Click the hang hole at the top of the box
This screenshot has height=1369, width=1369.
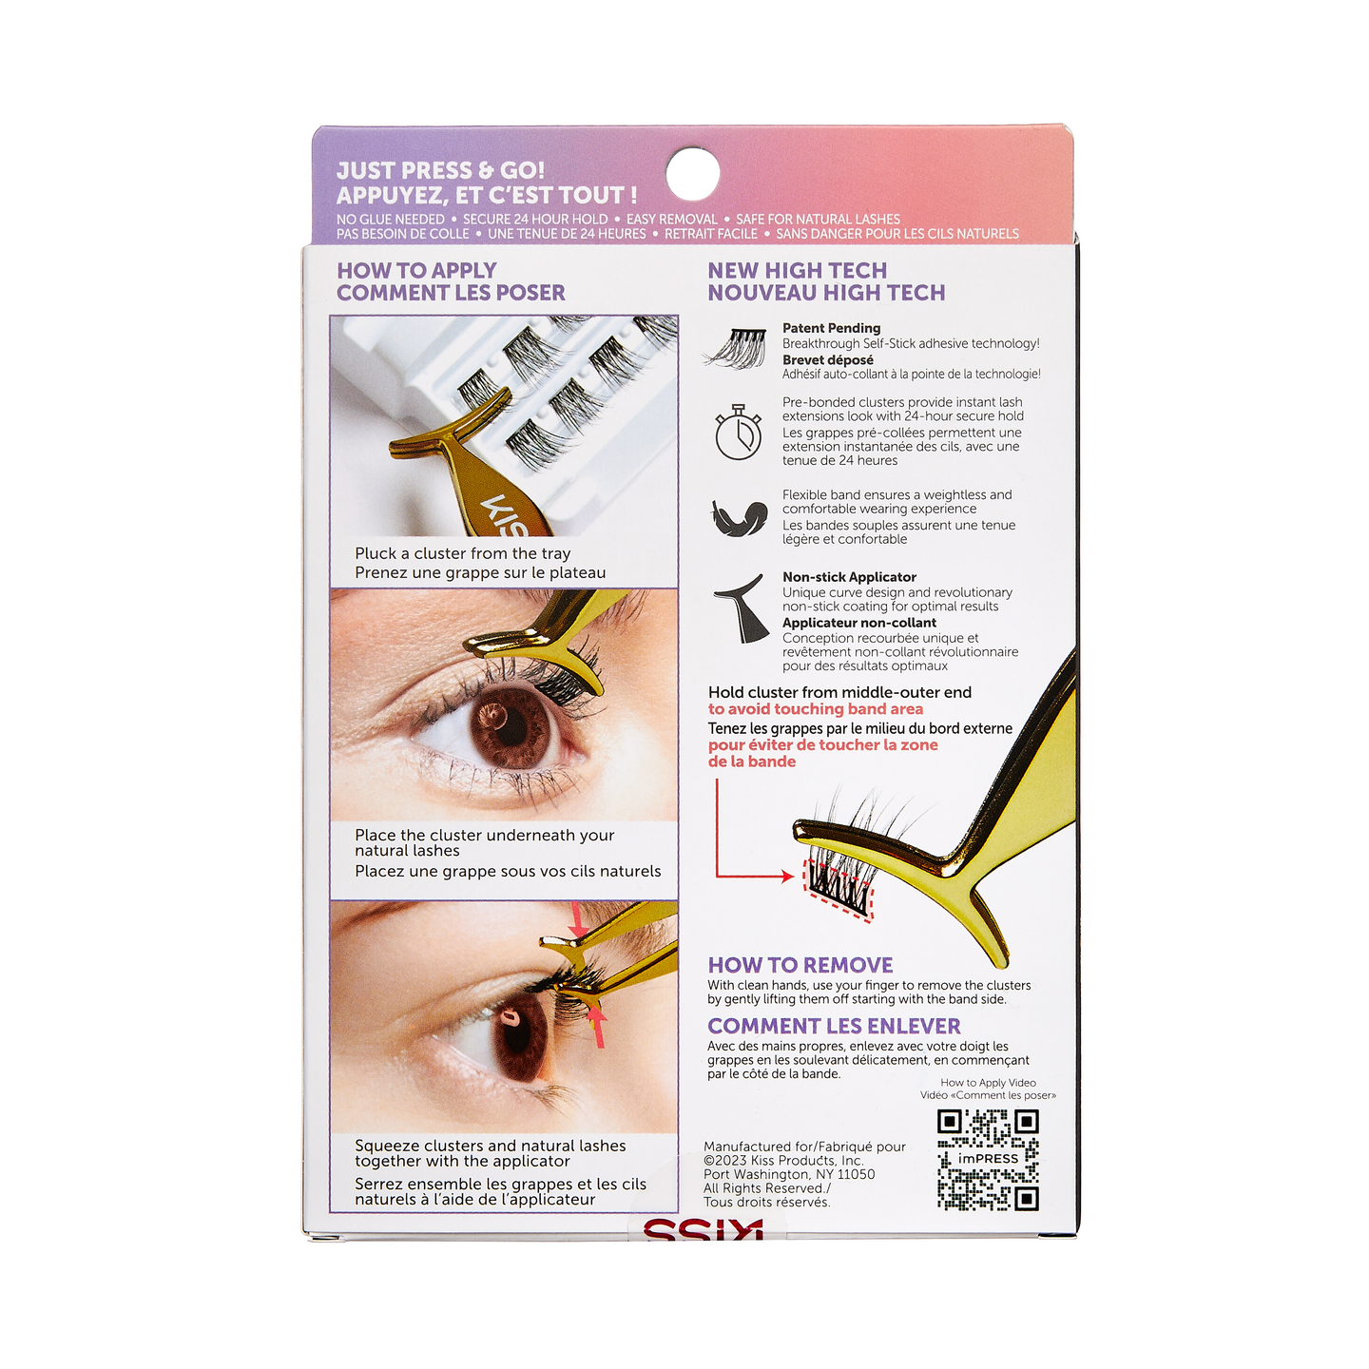tap(692, 173)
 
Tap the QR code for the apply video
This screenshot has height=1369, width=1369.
tap(988, 1160)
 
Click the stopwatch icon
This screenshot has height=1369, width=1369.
tap(738, 432)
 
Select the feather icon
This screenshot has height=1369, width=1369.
tap(739, 517)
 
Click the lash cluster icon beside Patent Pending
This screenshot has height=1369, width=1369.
tap(736, 348)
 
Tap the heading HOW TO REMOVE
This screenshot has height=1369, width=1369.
tap(800, 964)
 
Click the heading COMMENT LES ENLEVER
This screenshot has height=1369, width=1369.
tap(834, 1025)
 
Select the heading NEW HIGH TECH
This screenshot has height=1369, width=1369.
tap(797, 270)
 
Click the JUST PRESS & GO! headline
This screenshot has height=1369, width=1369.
tap(440, 170)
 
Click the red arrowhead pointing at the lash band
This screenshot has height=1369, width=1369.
tap(787, 876)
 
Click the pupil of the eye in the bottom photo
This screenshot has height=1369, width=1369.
tap(519, 1037)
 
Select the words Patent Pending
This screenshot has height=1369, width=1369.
tap(831, 328)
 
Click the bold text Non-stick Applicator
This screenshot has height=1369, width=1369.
tap(849, 577)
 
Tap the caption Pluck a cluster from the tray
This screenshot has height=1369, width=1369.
tap(462, 553)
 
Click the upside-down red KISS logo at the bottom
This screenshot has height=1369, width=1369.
tap(704, 1230)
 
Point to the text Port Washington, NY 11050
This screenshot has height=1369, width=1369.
tap(788, 1174)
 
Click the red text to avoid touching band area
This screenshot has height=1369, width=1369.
tap(816, 709)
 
